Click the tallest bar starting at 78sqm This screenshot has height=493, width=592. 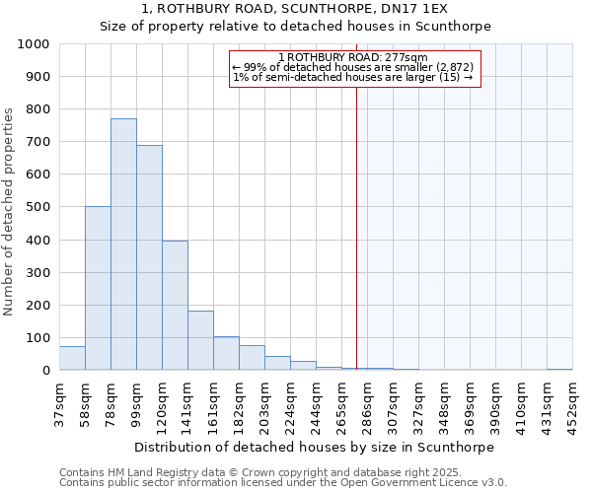(x=123, y=245)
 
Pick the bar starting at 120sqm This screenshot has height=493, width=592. (x=175, y=306)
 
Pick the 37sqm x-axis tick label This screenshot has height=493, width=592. (x=60, y=403)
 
